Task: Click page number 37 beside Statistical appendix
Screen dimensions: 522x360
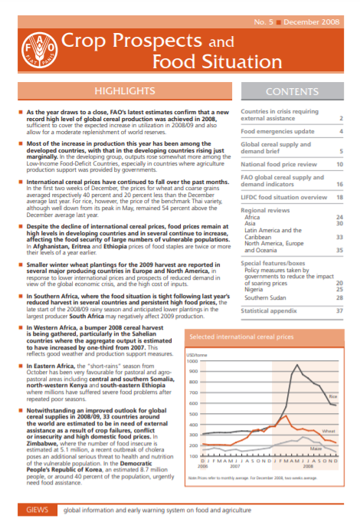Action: [x=338, y=310]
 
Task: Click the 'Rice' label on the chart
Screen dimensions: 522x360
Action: [x=332, y=396]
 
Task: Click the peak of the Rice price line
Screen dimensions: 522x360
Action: [x=296, y=366]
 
